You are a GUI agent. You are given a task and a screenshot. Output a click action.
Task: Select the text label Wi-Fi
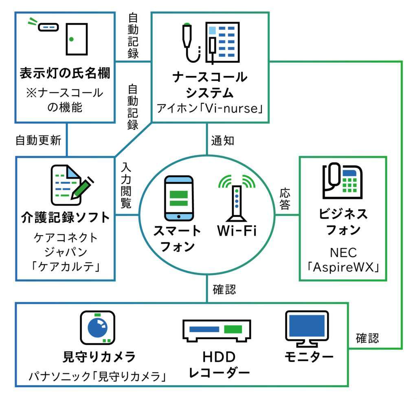(x=237, y=231)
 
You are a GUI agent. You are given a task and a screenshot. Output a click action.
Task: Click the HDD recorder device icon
(x=216, y=330)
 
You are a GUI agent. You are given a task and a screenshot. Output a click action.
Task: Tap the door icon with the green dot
(x=76, y=39)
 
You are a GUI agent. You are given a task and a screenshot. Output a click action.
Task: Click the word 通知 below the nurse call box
(x=222, y=140)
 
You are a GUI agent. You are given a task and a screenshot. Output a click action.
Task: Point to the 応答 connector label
(x=285, y=199)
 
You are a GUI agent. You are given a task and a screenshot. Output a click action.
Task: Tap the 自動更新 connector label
(x=38, y=141)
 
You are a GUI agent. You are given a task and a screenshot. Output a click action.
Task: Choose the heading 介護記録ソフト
(x=65, y=217)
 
